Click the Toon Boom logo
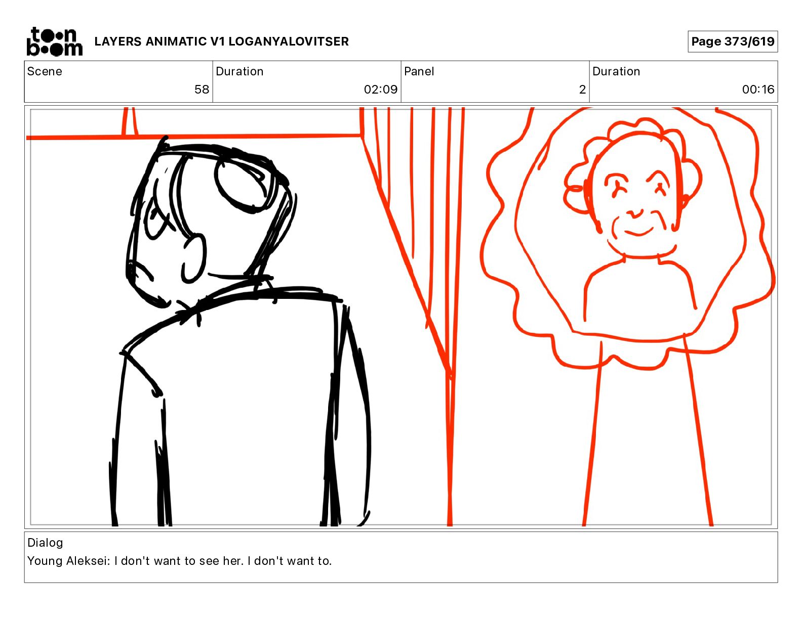[55, 41]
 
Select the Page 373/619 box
[732, 41]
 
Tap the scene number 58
[202, 89]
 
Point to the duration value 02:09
[381, 89]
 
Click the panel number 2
[582, 89]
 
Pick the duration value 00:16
[758, 89]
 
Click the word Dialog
[45, 543]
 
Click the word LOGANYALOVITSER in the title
[289, 41]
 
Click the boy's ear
[193, 258]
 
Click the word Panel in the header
[419, 71]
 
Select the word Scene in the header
[45, 71]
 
